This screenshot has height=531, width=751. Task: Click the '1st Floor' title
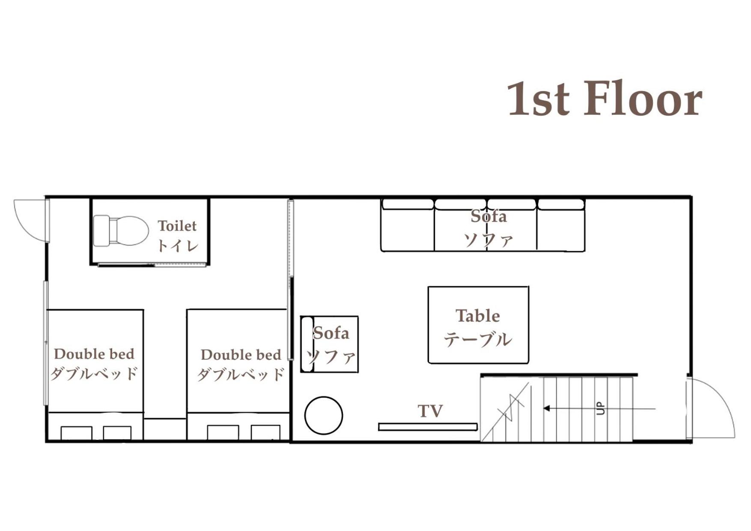605,99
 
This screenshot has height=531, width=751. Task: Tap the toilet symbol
121,231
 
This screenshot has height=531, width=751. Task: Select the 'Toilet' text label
177,226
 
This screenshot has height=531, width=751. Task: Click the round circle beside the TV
324,415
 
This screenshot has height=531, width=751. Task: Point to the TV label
430,411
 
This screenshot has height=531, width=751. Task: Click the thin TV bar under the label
428,427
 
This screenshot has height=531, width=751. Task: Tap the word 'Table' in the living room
478,316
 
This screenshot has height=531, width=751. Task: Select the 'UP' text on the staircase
601,408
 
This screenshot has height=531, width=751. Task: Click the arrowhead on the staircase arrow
546,408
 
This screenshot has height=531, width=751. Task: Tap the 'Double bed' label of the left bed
94,354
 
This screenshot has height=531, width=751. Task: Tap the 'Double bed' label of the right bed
241,355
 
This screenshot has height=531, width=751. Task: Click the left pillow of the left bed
76,433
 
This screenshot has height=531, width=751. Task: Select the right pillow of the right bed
265,432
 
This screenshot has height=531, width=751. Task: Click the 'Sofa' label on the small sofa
331,333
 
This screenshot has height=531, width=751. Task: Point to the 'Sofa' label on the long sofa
489,216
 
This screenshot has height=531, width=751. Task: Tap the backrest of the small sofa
307,344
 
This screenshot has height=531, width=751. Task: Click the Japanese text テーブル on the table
478,339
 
